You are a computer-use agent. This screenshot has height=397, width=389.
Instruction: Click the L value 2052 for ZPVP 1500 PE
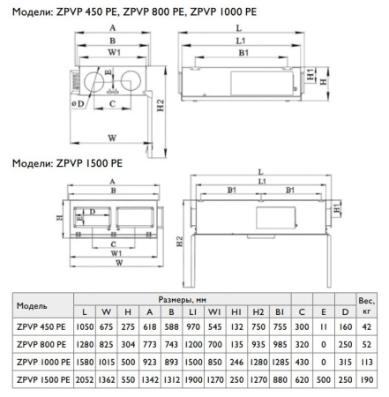(85, 379)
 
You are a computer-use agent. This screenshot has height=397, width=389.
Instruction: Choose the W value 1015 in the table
(107, 361)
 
